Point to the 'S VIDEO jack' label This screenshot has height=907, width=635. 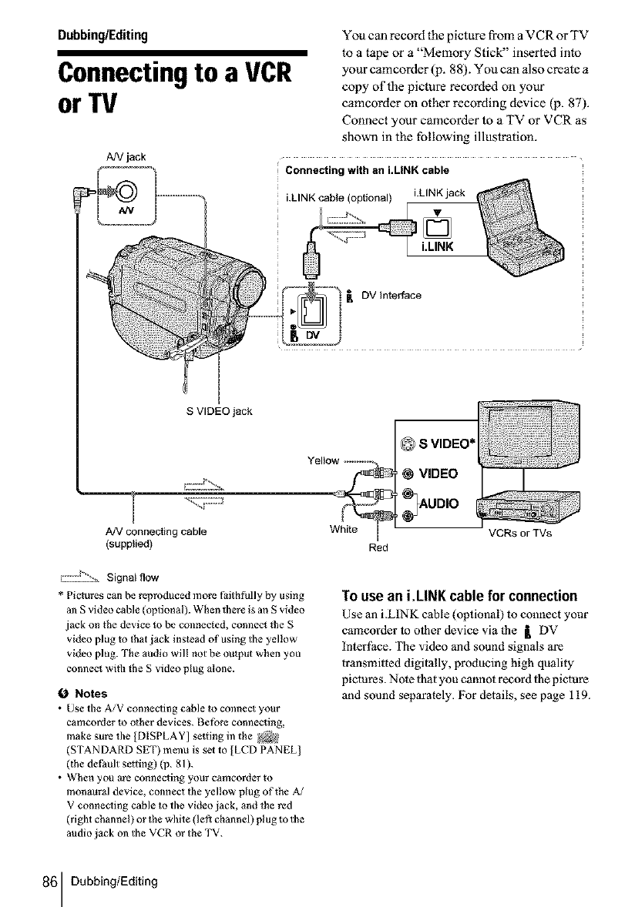(x=220, y=409)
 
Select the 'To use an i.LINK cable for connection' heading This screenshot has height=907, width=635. (x=459, y=596)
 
